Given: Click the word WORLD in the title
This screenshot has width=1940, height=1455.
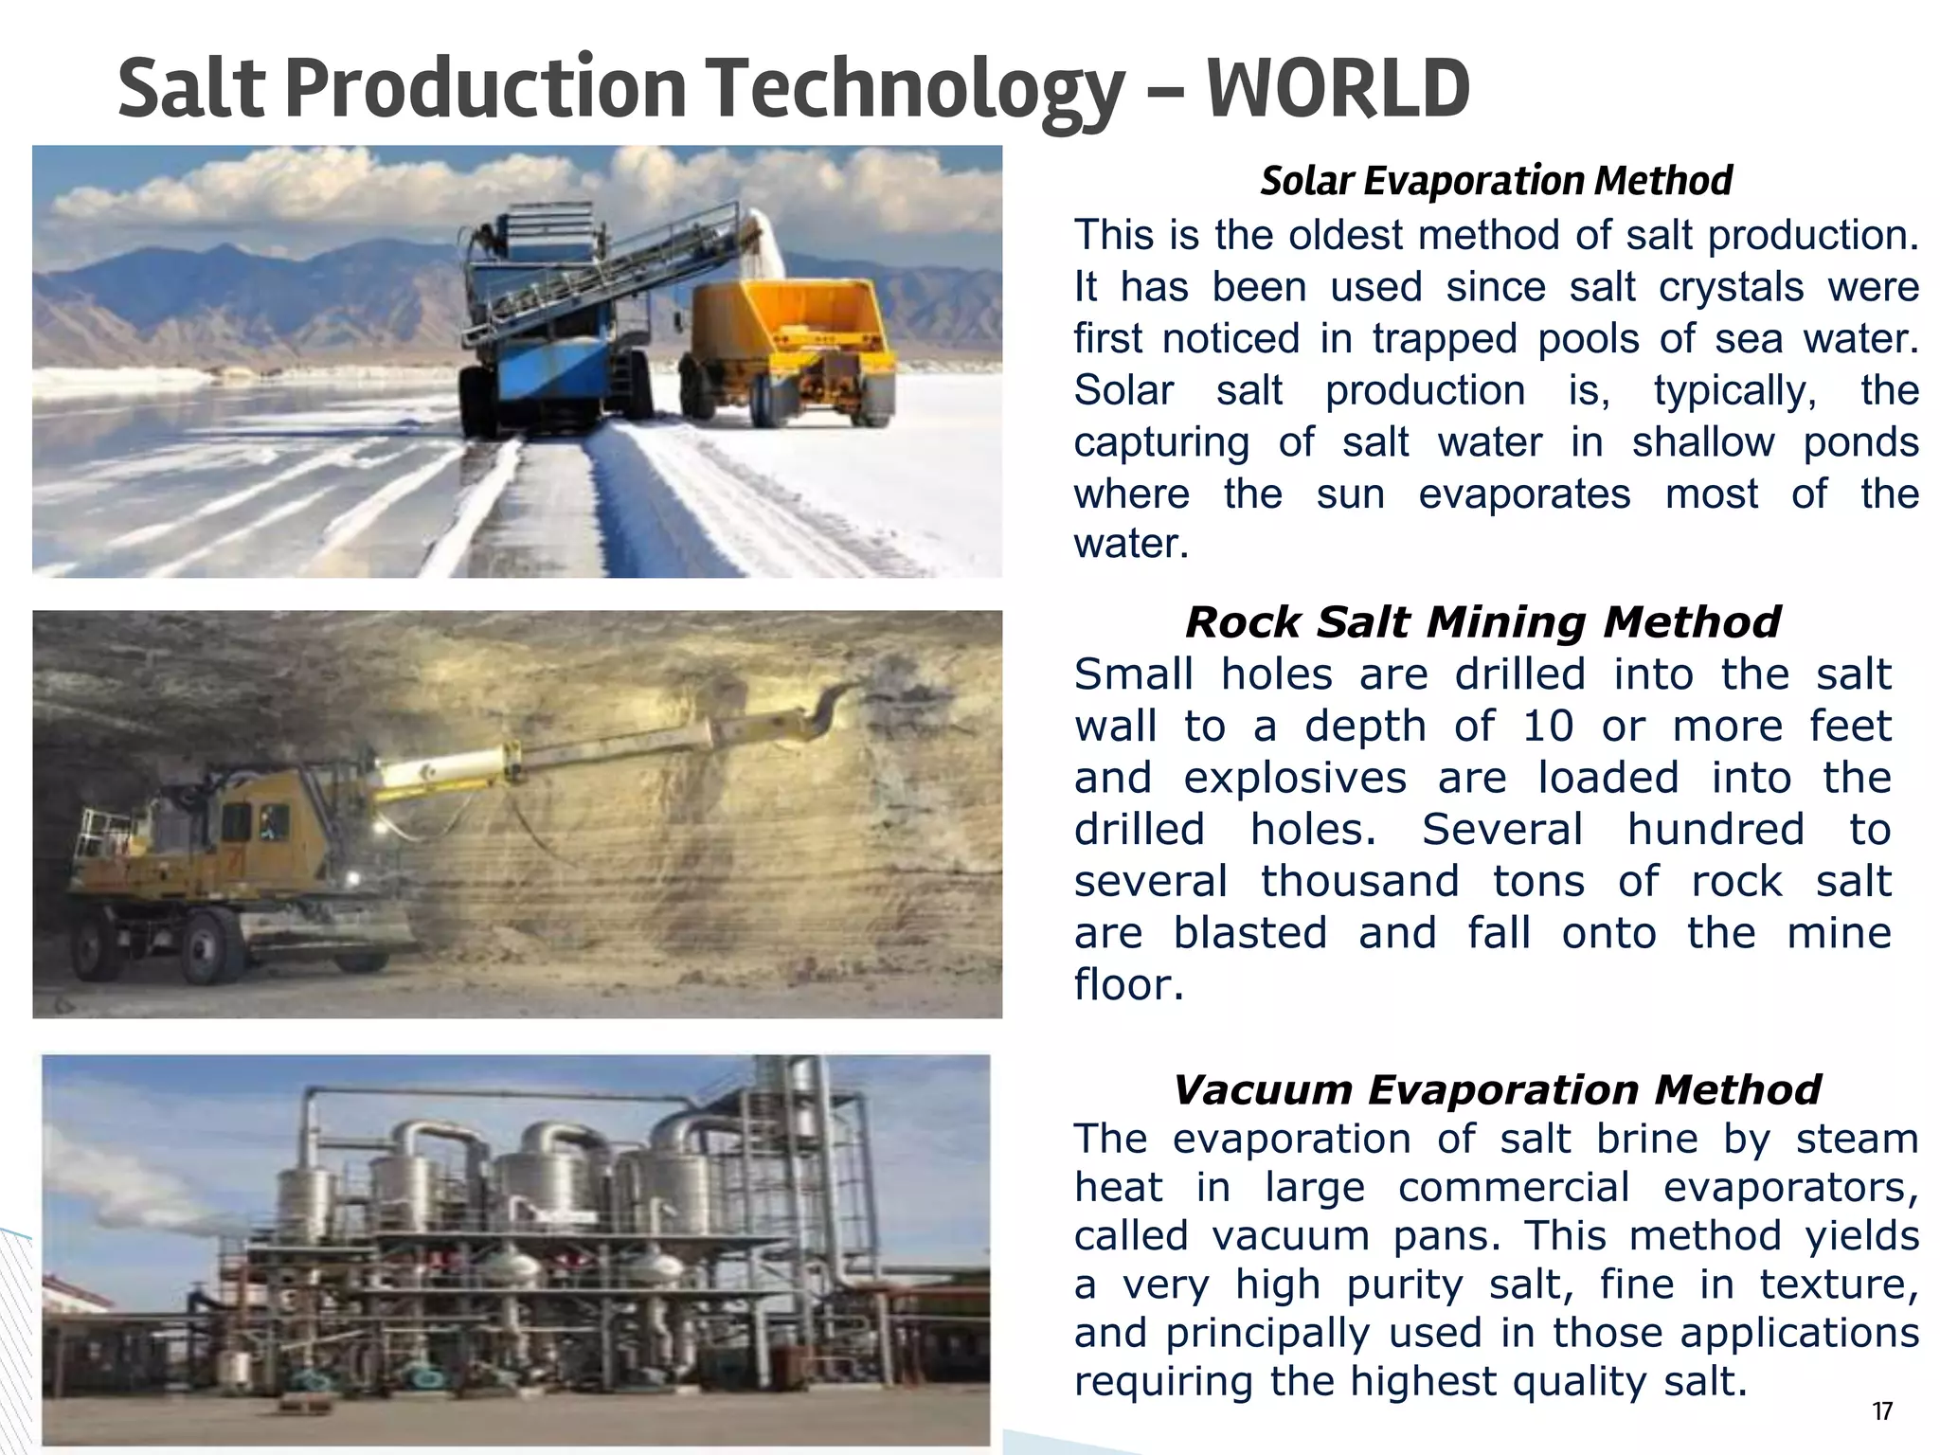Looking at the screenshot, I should [1338, 88].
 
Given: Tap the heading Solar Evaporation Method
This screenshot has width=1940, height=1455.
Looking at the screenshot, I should [1496, 180].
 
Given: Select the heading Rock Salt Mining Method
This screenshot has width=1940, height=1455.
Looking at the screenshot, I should [1482, 622].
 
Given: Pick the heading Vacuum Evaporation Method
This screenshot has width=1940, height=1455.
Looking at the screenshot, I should [1497, 1089].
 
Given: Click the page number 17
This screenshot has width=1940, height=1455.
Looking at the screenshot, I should [1882, 1412].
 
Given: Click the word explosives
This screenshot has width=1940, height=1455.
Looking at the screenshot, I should [1295, 779].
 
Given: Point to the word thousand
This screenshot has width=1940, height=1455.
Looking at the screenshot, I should [1359, 881].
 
